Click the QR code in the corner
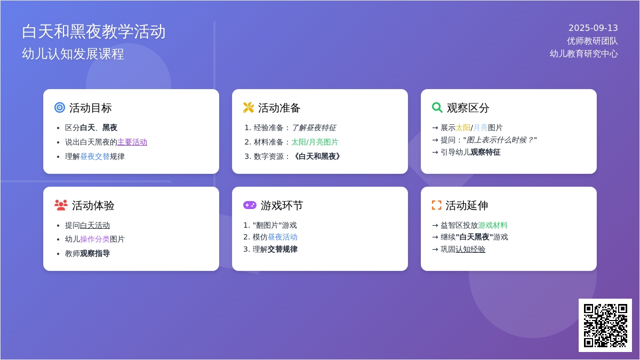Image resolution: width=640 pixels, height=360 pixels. click(605, 325)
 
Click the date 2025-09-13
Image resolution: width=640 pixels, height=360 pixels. click(593, 28)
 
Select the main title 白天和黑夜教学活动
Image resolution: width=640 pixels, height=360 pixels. click(93, 31)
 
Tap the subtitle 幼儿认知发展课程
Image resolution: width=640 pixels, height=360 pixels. click(73, 54)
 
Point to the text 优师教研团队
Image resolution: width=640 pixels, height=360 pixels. click(593, 41)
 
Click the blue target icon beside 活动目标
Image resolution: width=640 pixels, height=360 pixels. click(60, 108)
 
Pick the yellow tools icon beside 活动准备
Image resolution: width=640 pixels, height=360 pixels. click(249, 108)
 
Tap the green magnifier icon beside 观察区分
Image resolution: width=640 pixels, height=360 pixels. click(437, 108)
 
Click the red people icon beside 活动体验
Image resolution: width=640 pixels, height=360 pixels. click(61, 205)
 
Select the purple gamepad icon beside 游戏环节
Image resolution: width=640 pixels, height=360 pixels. click(250, 205)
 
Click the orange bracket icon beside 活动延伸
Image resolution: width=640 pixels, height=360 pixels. click(437, 205)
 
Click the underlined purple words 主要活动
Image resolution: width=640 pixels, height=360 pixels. click(132, 142)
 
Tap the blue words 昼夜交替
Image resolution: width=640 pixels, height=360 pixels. click(95, 156)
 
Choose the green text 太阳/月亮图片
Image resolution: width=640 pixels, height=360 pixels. click(315, 142)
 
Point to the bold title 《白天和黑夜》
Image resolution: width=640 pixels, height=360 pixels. click(317, 156)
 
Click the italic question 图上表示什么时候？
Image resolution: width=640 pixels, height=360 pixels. click(500, 140)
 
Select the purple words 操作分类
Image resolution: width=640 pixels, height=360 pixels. click(95, 239)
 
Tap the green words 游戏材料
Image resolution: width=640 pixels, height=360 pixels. click(493, 225)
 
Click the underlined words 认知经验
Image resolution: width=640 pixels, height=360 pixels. click(470, 249)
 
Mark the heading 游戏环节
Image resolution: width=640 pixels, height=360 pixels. click(282, 205)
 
